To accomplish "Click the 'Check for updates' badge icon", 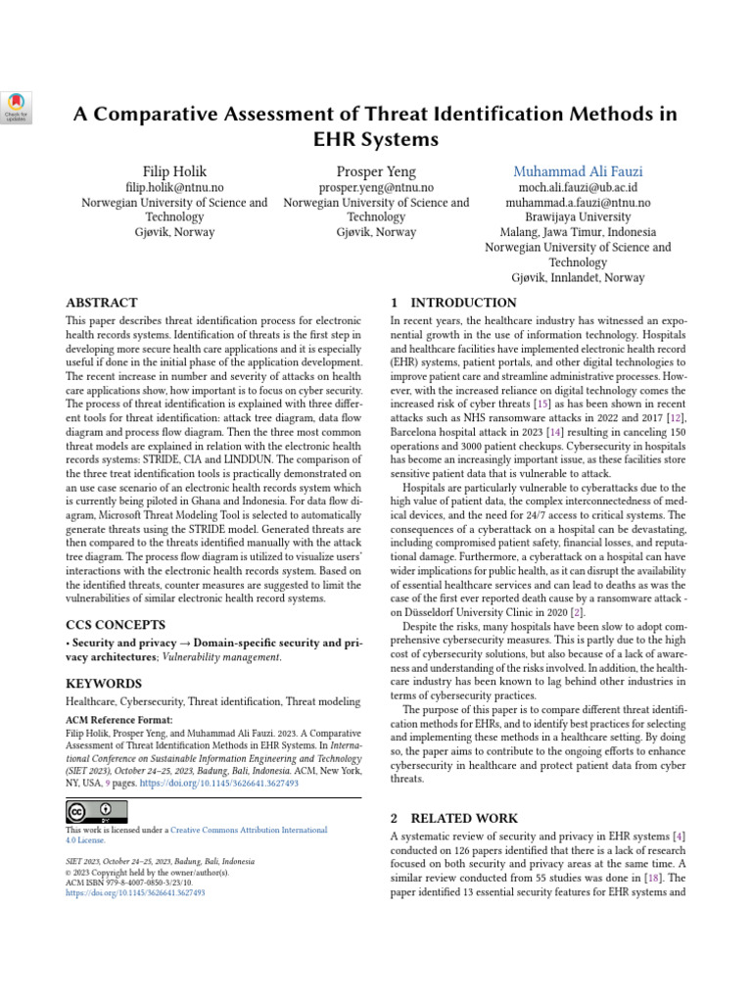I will [x=18, y=107].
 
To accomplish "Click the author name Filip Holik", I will [x=174, y=171].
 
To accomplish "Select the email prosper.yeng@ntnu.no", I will [x=376, y=187].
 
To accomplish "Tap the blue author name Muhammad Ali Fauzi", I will [x=578, y=171].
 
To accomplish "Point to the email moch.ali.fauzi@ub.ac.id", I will [x=578, y=187].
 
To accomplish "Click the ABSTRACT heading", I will [x=101, y=303].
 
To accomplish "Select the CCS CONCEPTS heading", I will [x=115, y=623].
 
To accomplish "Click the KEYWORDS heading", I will [x=103, y=683].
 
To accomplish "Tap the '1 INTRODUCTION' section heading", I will [x=453, y=303].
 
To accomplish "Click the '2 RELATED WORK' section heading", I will [x=453, y=817].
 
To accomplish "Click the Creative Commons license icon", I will [x=97, y=811].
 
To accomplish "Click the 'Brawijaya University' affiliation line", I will [x=578, y=217].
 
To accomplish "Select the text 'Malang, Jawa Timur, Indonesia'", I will [x=578, y=232].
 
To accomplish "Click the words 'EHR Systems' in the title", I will [x=376, y=139].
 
